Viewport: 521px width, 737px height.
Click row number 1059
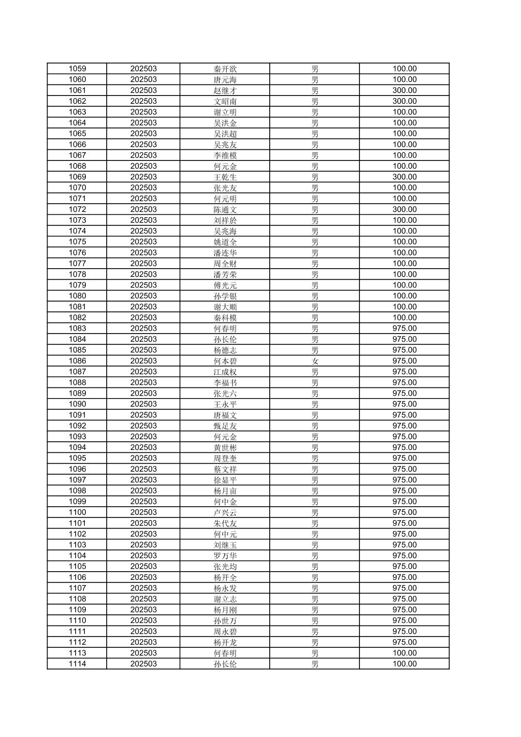click(77, 69)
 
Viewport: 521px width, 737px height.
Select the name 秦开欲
click(225, 69)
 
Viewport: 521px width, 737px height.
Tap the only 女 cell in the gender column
click(315, 361)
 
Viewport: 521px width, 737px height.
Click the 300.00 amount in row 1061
click(404, 90)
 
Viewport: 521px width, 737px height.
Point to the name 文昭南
click(225, 101)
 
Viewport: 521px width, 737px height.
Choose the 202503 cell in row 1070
click(143, 188)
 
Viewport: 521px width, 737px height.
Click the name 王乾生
click(225, 177)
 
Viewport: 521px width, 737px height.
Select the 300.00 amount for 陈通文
click(404, 209)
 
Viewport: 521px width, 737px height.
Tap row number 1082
click(77, 318)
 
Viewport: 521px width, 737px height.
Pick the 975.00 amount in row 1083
click(404, 328)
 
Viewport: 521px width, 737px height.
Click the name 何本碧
click(225, 361)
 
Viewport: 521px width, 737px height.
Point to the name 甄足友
click(225, 426)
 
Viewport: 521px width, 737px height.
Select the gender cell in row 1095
click(315, 458)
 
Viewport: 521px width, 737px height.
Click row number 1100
click(77, 513)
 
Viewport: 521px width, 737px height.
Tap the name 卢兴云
click(225, 513)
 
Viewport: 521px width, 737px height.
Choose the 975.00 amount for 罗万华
click(404, 556)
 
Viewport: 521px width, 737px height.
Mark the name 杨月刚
click(225, 610)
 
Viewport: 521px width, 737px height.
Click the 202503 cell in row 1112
click(143, 642)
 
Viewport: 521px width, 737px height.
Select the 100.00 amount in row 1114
click(404, 664)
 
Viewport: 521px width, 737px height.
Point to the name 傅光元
click(225, 285)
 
